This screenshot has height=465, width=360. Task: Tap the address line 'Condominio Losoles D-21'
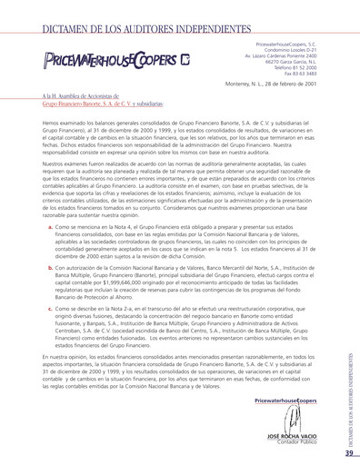point(291,49)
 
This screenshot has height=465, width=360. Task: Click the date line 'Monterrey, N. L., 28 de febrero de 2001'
point(271,85)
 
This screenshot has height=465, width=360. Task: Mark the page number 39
point(349,452)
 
